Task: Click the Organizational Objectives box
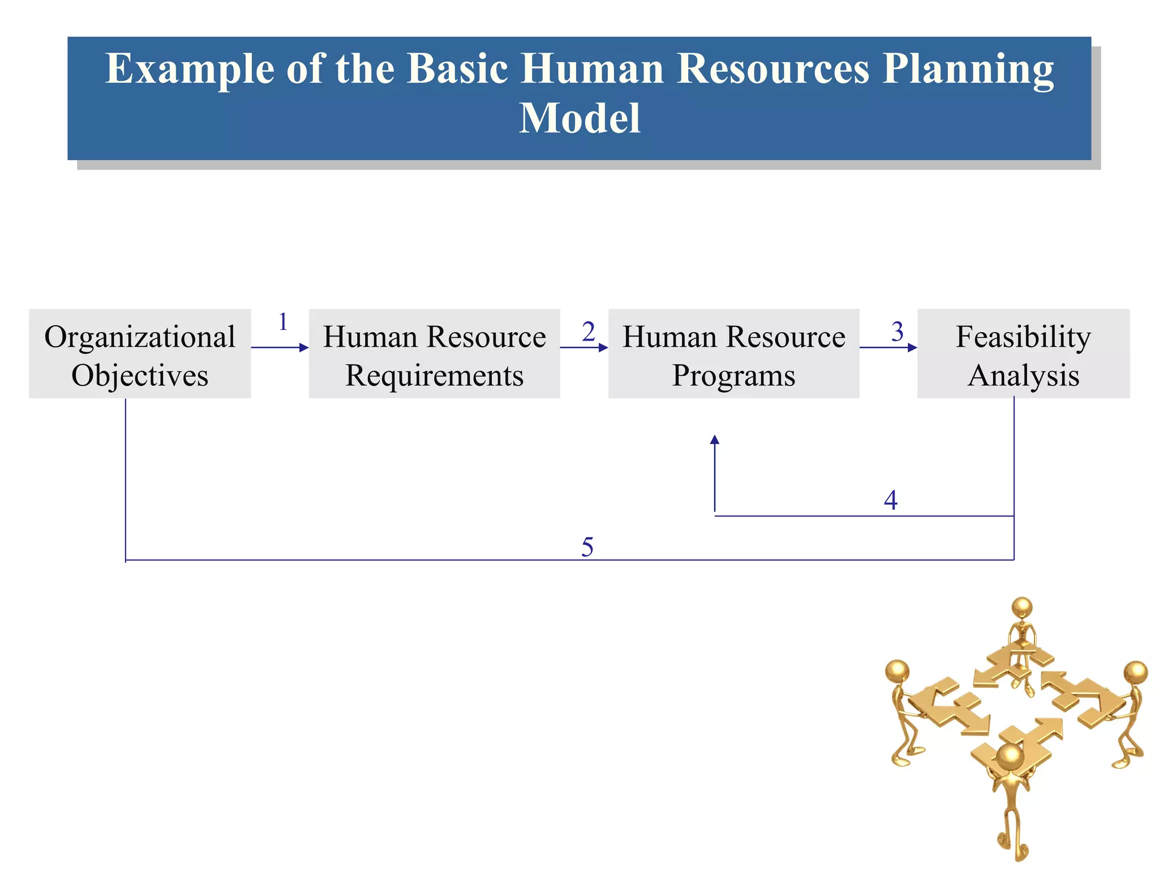point(140,354)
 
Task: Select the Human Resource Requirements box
point(434,354)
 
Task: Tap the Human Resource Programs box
point(733,354)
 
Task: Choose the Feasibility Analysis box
point(1023,354)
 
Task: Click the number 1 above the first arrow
point(283,322)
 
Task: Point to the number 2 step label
point(589,332)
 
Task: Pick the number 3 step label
point(898,332)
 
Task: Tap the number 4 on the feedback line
point(891,500)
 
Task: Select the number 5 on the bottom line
point(587,547)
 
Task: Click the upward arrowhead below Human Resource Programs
point(715,440)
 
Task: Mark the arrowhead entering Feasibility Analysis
point(912,347)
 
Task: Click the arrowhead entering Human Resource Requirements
point(304,347)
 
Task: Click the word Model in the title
point(579,118)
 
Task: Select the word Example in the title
point(190,69)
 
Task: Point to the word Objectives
point(140,375)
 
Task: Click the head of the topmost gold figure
point(1022,608)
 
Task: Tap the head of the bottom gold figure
point(1010,757)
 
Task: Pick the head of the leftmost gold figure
point(898,672)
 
